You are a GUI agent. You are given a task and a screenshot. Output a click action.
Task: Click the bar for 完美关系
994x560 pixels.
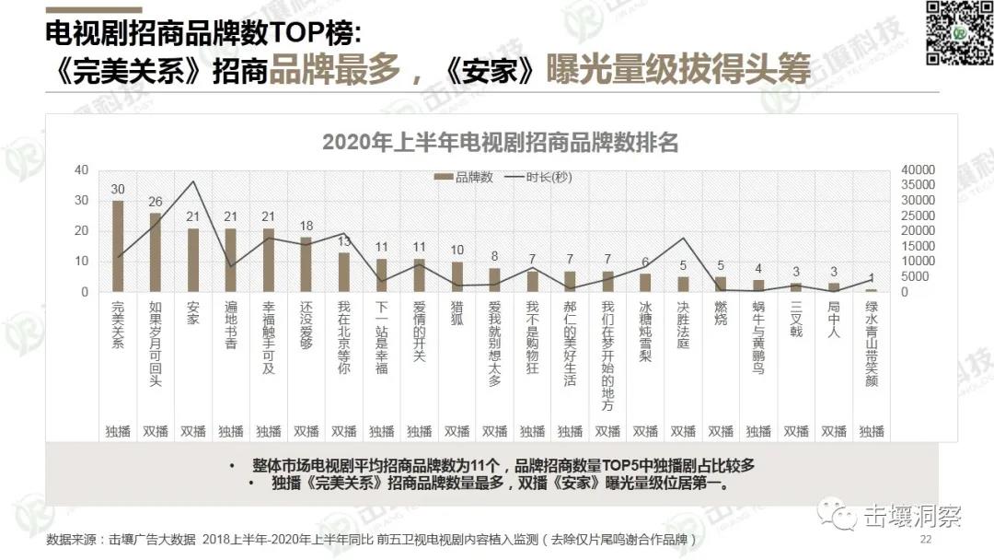[x=118, y=246]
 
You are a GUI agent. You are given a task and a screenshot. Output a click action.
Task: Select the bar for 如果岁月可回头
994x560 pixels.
[x=156, y=252]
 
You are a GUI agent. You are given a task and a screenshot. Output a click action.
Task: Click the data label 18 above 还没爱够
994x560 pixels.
[x=306, y=226]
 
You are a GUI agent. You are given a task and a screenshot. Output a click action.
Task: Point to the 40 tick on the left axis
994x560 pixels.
[x=82, y=169]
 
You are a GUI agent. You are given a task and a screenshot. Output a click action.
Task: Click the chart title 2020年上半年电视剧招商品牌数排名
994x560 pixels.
[x=501, y=143]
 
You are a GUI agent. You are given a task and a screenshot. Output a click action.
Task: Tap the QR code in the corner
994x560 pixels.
[x=958, y=33]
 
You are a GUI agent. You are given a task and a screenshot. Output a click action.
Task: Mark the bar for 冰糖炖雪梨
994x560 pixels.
[x=645, y=283]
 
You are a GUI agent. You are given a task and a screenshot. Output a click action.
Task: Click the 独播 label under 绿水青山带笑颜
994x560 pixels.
[x=871, y=430]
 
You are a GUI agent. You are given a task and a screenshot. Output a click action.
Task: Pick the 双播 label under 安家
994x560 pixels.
[x=193, y=430]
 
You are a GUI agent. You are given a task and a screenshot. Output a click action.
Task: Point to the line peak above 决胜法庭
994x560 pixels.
[x=683, y=239]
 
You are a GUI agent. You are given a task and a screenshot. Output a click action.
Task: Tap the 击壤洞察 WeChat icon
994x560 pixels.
[x=837, y=514]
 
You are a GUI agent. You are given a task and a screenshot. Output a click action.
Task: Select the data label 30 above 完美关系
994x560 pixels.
[x=118, y=190]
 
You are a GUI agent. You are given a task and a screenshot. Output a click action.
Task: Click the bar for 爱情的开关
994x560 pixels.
[x=420, y=275]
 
